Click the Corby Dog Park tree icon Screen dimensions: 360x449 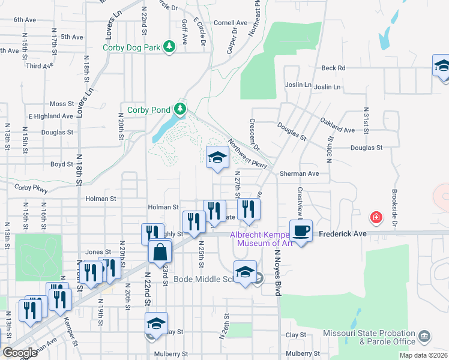[x=170, y=47]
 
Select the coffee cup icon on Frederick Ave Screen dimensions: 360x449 [x=301, y=230]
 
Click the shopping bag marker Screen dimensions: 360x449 [x=161, y=252]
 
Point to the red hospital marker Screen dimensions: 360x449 [x=376, y=217]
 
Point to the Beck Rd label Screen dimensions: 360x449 [x=333, y=68]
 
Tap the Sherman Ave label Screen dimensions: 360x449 [x=299, y=173]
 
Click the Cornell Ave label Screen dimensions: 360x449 [x=231, y=23]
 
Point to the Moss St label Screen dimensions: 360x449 [x=61, y=104]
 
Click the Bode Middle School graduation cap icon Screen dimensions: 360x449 [x=245, y=272]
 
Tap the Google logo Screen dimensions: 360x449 [x=20, y=353]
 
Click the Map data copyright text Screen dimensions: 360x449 [x=423, y=355]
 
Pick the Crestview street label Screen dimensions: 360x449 [x=300, y=200]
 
